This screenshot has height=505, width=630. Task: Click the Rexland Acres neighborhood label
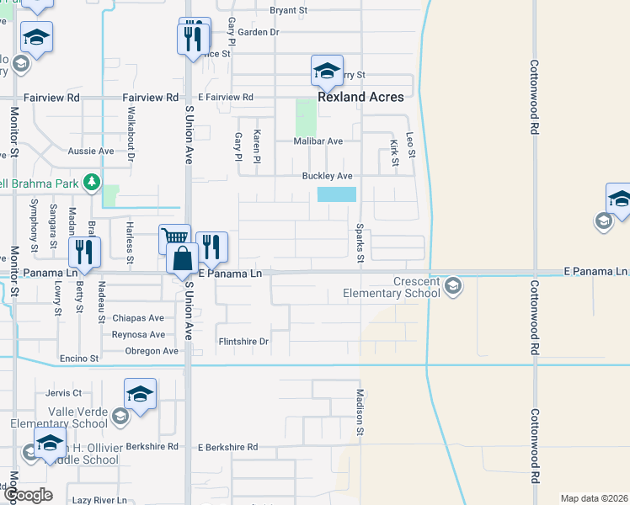tap(360, 97)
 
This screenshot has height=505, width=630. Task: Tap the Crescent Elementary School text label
tap(391, 288)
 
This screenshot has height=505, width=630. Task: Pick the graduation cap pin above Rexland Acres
tap(327, 72)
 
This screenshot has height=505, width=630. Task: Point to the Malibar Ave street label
tap(318, 141)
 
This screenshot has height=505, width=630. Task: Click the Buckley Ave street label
tap(327, 176)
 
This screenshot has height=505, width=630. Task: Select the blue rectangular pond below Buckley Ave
tap(337, 194)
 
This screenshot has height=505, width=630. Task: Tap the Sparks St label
tap(360, 242)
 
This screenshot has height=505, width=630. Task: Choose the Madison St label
tap(360, 412)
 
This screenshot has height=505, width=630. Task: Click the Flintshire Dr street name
tap(243, 342)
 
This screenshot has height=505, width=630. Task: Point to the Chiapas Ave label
tap(138, 318)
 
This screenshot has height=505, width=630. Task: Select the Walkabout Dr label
tap(131, 134)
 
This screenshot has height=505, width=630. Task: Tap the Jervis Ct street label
tap(64, 393)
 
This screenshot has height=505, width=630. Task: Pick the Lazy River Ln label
tap(99, 500)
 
